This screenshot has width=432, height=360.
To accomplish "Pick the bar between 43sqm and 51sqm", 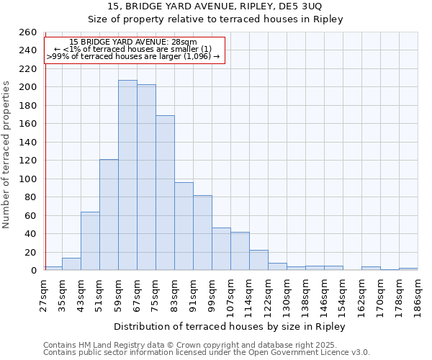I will (x=90, y=240).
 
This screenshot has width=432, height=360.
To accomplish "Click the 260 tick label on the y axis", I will (x=28, y=32).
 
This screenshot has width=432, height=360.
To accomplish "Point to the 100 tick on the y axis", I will (x=28, y=179).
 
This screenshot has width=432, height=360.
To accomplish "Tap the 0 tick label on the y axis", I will (x=33, y=271).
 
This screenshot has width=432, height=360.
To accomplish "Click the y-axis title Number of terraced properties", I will (x=6, y=154).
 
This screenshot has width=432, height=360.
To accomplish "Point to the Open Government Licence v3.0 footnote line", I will (x=207, y=352).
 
